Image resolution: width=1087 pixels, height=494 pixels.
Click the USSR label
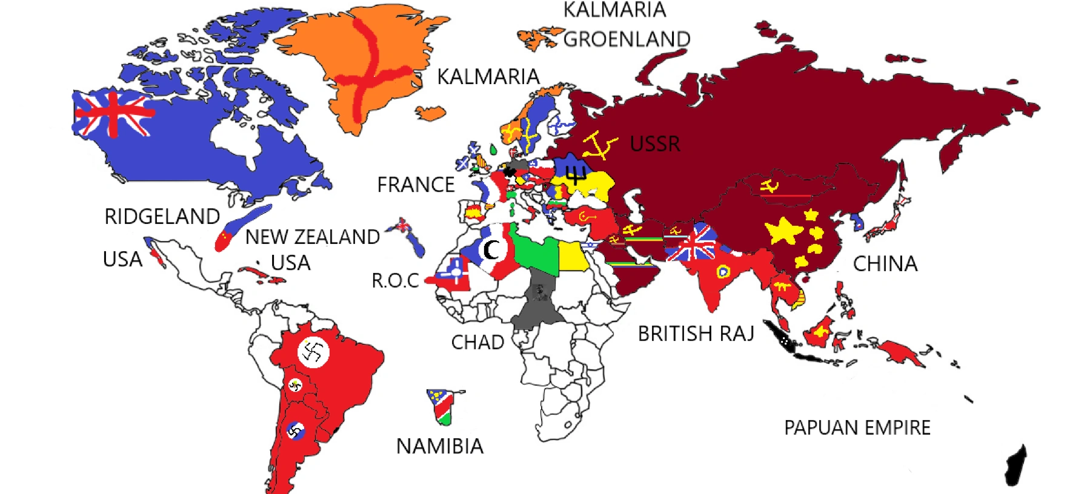[655, 144]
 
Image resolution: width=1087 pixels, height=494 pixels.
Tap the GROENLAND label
[627, 39]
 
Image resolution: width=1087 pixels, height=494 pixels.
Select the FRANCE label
[416, 185]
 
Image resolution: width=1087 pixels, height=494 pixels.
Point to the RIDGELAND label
[162, 217]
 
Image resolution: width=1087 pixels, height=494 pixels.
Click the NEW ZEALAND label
[312, 237]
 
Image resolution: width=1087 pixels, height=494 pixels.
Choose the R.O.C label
[395, 281]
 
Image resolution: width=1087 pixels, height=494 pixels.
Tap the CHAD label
[477, 343]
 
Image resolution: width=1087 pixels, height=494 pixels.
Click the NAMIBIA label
[440, 446]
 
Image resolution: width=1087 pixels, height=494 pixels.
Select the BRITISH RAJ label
[696, 334]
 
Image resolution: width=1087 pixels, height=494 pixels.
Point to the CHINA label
[885, 264]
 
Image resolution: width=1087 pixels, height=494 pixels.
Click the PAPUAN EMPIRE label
[857, 428]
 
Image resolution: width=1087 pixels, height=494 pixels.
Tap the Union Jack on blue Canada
[113, 113]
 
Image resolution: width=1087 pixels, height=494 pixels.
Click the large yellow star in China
[783, 231]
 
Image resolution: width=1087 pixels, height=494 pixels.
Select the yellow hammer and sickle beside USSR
[599, 145]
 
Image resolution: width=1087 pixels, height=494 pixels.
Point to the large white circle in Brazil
[313, 352]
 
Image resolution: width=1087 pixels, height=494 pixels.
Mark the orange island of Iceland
[431, 113]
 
